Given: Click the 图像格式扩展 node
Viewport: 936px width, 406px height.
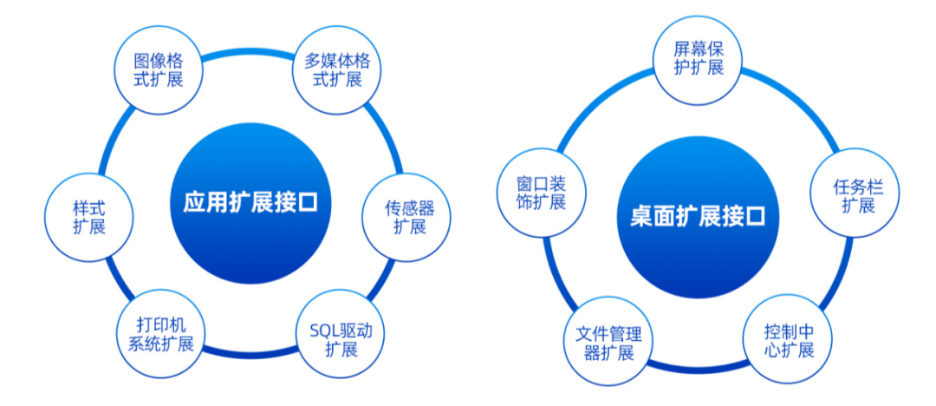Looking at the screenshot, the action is [158, 71].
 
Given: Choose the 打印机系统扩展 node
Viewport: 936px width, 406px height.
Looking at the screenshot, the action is [159, 333].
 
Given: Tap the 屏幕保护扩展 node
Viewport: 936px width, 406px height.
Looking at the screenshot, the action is [698, 59].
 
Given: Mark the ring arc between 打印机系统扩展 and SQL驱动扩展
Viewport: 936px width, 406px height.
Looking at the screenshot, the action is [251, 357].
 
